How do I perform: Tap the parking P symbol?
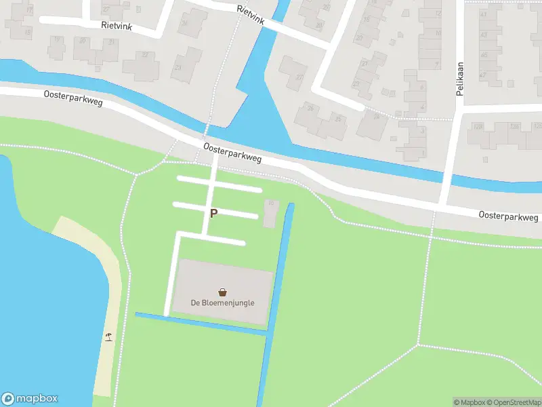213,213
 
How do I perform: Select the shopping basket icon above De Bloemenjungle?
222,292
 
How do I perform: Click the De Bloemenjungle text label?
222,303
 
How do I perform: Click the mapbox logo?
30,398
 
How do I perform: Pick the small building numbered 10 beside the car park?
270,212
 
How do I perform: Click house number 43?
482,13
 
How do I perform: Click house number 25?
339,119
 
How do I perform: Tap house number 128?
478,127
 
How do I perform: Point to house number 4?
422,105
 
